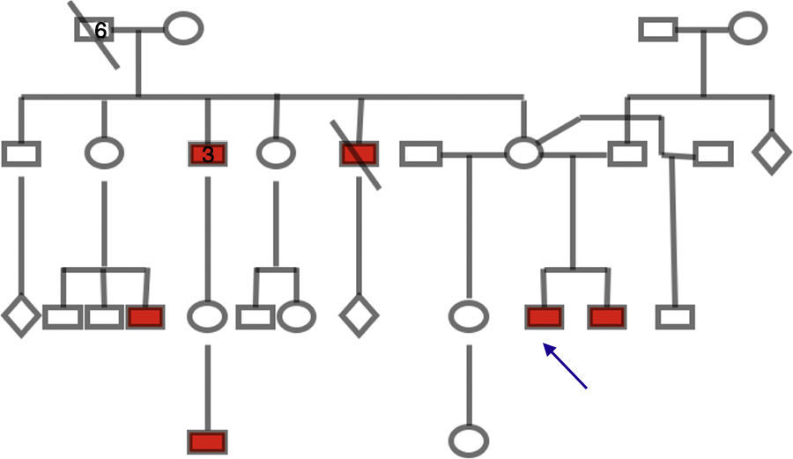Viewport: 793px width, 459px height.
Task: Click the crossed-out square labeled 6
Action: coord(93,30)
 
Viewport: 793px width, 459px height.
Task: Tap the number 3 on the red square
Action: coord(208,155)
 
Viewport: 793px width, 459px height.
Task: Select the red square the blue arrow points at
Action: coord(544,317)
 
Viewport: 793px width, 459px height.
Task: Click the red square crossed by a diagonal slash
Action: coord(359,154)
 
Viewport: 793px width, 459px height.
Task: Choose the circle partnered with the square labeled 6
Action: coord(183,28)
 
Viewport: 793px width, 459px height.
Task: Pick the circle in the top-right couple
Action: coord(747,28)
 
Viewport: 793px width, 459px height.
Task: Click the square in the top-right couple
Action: coord(659,29)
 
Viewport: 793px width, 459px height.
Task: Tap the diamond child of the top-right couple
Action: coord(772,152)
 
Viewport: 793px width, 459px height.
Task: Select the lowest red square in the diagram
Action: coord(207,441)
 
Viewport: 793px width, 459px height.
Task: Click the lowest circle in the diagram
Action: coord(468,440)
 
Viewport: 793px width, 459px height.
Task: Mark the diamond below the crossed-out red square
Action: coord(359,316)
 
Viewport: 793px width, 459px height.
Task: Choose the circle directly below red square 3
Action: coord(207,316)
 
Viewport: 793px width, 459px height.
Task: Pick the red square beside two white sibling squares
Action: coord(145,316)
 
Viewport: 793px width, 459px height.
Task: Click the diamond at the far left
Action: coord(20,316)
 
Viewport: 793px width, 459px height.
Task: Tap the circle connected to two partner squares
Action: coord(523,152)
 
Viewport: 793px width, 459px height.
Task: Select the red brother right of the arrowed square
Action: coord(607,317)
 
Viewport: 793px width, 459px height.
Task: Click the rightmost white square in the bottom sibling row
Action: coord(675,316)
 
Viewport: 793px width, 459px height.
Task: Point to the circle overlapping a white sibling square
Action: coord(297,316)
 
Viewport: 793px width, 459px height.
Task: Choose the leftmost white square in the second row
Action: coord(21,153)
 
